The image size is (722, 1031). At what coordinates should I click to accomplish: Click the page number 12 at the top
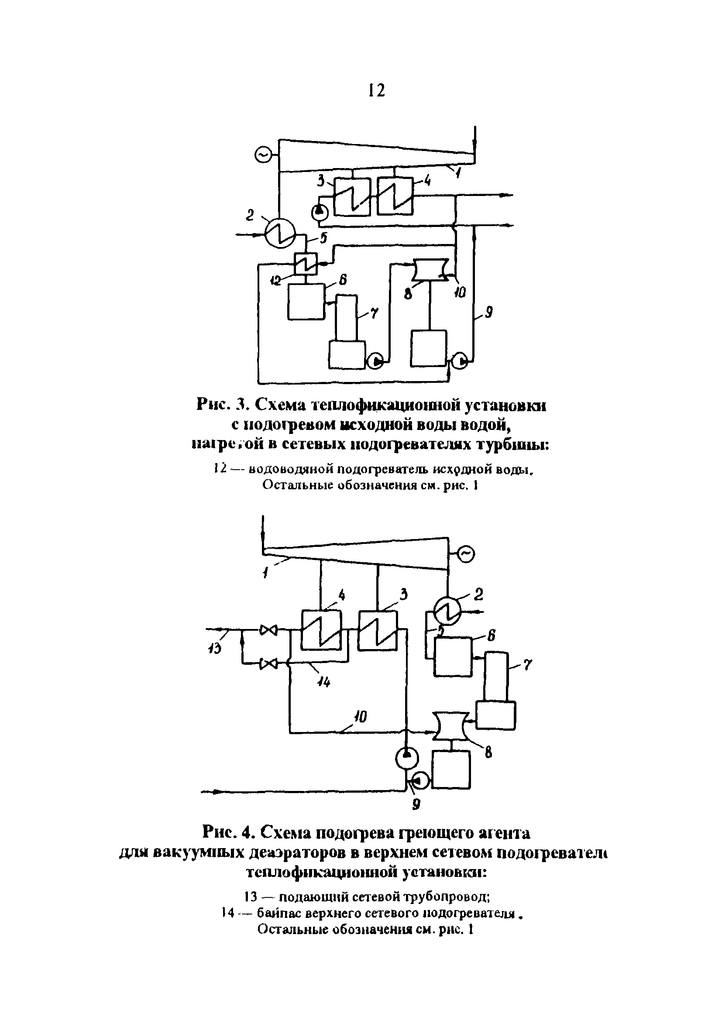376,91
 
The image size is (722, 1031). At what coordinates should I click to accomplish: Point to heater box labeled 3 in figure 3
352,197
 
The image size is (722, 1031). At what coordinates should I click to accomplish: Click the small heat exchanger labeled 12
306,264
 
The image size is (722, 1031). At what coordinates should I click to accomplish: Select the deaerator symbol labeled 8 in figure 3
430,269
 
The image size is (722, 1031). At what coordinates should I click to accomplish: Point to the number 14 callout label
323,683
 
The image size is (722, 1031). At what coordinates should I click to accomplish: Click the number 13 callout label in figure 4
215,649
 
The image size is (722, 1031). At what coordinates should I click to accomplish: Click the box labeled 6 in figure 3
306,302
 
